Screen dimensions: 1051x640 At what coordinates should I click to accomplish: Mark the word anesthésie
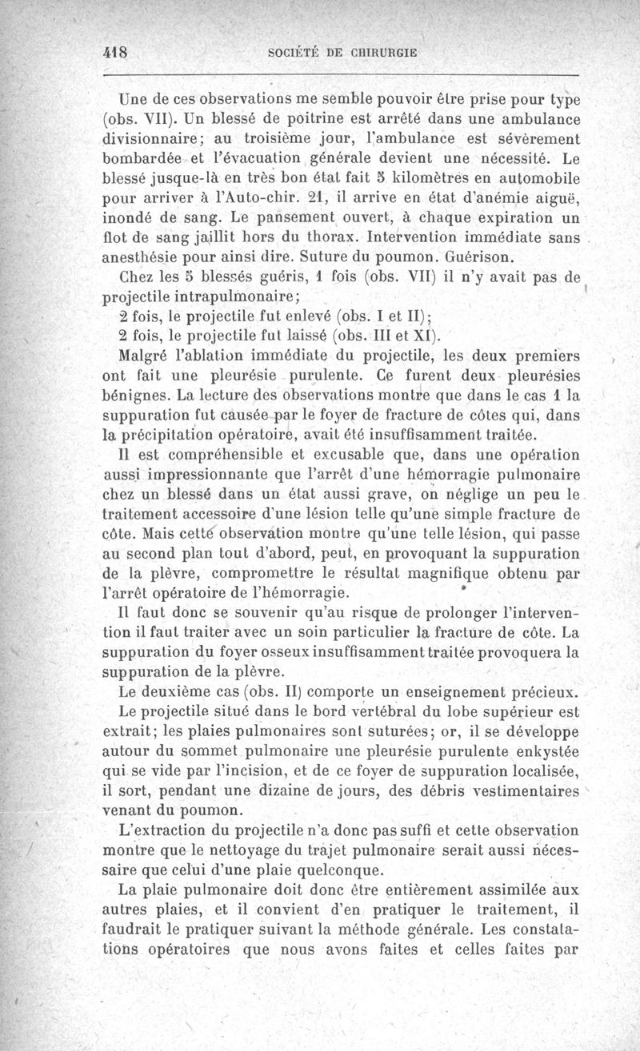146,258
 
